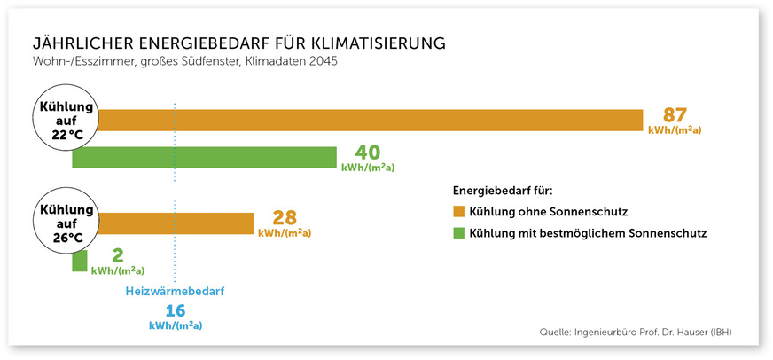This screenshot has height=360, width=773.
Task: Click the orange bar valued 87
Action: coord(372,120)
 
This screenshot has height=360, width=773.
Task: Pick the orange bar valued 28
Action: coord(177,223)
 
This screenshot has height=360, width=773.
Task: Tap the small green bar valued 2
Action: coord(80,262)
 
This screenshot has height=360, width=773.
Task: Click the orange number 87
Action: coord(675,115)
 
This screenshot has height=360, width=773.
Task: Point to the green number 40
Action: coord(368,153)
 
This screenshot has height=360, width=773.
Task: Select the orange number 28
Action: coord(284,218)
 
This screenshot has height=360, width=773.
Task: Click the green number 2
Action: coord(118,256)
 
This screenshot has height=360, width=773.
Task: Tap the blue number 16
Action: coord(176,310)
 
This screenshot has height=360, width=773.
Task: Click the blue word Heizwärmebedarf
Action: coord(176,290)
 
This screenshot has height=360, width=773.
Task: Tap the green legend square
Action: coord(458,233)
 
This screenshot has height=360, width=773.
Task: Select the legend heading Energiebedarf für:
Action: coord(503,190)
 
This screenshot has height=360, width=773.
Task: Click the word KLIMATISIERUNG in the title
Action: coord(373,43)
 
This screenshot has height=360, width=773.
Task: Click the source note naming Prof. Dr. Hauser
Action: coord(636,333)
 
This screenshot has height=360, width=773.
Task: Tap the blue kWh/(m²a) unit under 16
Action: coord(176,325)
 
